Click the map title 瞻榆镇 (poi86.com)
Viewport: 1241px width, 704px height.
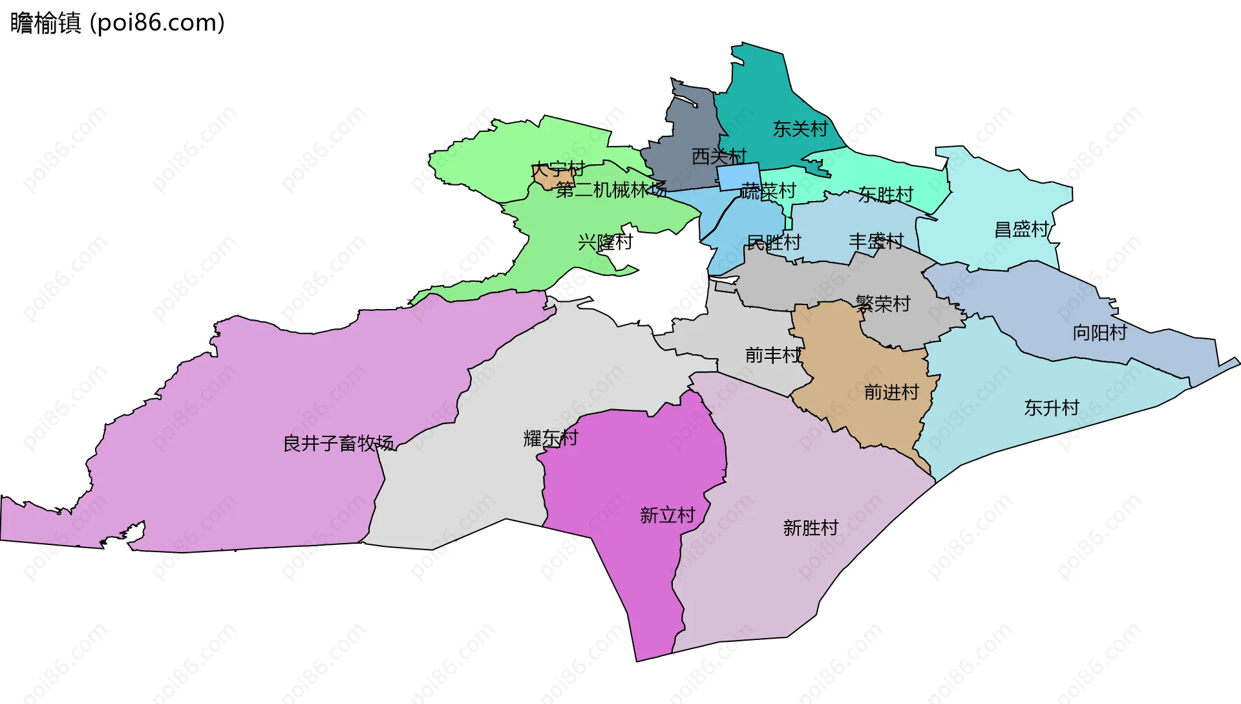118,23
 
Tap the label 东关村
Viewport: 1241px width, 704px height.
800,129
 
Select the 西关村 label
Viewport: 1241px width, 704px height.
719,156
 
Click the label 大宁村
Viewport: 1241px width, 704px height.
558,169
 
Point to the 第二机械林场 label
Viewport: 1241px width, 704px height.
611,189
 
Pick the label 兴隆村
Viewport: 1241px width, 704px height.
605,242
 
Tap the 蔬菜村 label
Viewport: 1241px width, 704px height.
768,191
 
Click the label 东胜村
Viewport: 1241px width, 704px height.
886,194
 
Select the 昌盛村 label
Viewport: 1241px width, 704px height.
1021,229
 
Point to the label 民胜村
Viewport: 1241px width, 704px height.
774,242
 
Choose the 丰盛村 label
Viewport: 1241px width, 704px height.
876,241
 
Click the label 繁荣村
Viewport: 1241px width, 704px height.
883,303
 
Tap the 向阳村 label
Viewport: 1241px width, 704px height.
1099,332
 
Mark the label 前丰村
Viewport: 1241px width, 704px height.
772,355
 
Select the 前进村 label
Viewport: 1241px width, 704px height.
891,392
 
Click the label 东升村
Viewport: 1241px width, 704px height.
1052,407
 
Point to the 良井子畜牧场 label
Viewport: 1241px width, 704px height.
338,443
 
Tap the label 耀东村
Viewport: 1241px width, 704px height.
551,438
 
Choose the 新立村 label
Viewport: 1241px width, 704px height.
667,515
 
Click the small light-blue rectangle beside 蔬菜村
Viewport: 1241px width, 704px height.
739,176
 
